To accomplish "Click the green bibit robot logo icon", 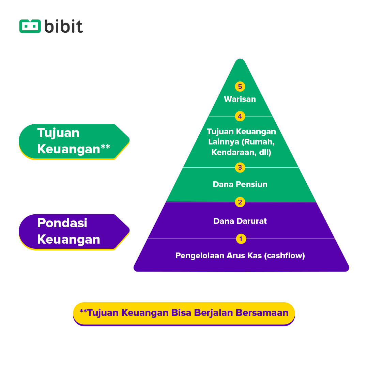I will click(30, 26).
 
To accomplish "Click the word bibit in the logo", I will click(63, 26).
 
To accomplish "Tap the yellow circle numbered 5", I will click(240, 87).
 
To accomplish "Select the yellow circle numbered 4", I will click(240, 116).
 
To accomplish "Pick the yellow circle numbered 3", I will click(240, 167).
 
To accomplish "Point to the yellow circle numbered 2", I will click(240, 202).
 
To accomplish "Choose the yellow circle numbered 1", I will click(241, 239).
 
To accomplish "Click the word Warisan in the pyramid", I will click(240, 99).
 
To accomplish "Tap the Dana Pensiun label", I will click(240, 184).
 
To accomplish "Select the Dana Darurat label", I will click(240, 221).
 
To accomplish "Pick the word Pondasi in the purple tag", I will click(62, 223).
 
